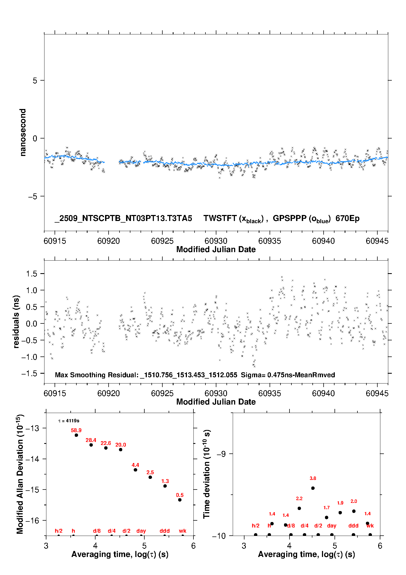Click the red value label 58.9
click(76, 430)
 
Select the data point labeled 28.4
click(91, 445)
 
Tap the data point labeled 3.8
click(313, 488)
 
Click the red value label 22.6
click(106, 443)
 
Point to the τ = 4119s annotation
click(69, 421)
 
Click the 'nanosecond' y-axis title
click(23, 132)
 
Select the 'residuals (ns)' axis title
click(16, 322)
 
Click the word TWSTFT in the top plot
click(220, 218)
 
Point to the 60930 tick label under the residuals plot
click(216, 393)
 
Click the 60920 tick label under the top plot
click(109, 241)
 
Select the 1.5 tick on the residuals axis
click(31, 274)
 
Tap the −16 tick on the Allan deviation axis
click(32, 521)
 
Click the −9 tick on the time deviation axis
click(221, 454)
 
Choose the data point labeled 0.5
click(180, 500)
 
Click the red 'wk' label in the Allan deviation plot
click(183, 531)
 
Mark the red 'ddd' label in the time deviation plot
click(353, 526)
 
